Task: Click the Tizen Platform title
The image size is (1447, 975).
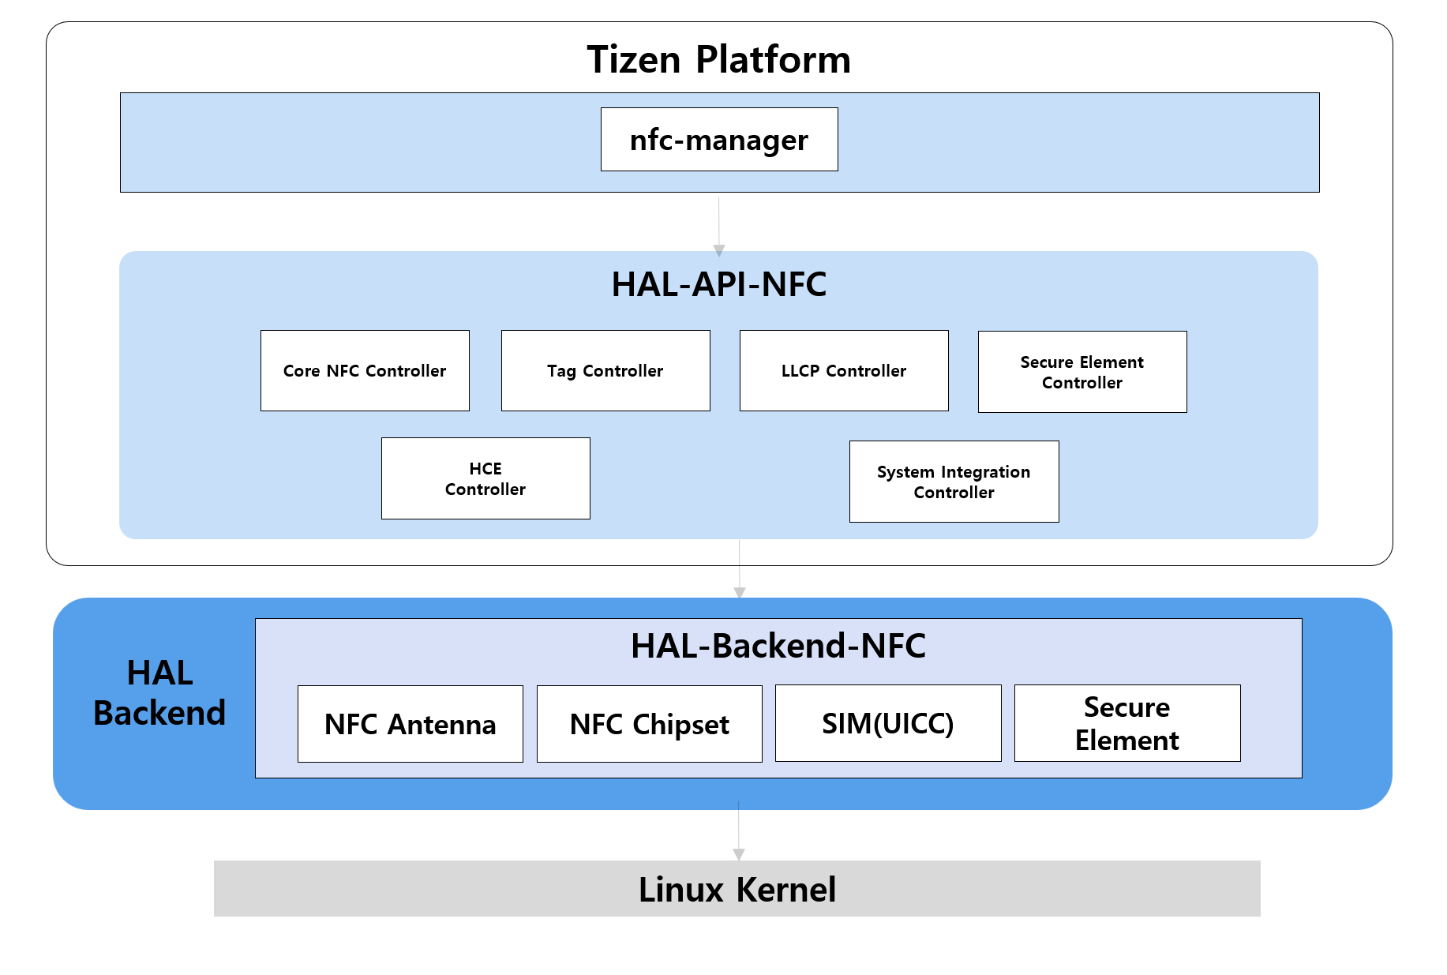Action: click(x=718, y=59)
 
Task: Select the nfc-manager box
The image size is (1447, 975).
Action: click(x=719, y=140)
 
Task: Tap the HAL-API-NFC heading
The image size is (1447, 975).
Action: click(x=718, y=284)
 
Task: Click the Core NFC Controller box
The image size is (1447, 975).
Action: click(x=365, y=371)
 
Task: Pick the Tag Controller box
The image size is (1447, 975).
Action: click(x=605, y=371)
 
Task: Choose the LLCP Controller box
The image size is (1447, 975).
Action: click(x=844, y=371)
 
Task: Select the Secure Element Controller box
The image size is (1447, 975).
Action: click(x=1082, y=372)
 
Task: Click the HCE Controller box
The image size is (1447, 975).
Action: click(x=485, y=478)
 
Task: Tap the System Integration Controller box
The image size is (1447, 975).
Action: click(x=954, y=482)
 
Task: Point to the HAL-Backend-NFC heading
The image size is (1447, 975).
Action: click(x=778, y=646)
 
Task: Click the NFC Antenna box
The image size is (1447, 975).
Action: click(x=410, y=724)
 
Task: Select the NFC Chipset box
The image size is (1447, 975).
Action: click(x=649, y=724)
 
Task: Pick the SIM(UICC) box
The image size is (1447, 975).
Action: click(x=888, y=723)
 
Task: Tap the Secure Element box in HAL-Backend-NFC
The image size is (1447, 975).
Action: click(x=1127, y=723)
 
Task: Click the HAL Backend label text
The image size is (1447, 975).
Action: click(x=159, y=693)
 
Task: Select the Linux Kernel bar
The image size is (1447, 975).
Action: click(x=737, y=889)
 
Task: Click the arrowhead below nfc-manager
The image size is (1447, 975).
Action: click(x=719, y=250)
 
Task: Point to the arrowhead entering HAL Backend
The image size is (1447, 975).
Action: click(x=740, y=592)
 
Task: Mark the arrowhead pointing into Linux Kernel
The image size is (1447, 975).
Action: click(x=739, y=854)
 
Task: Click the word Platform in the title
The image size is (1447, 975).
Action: click(x=774, y=59)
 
